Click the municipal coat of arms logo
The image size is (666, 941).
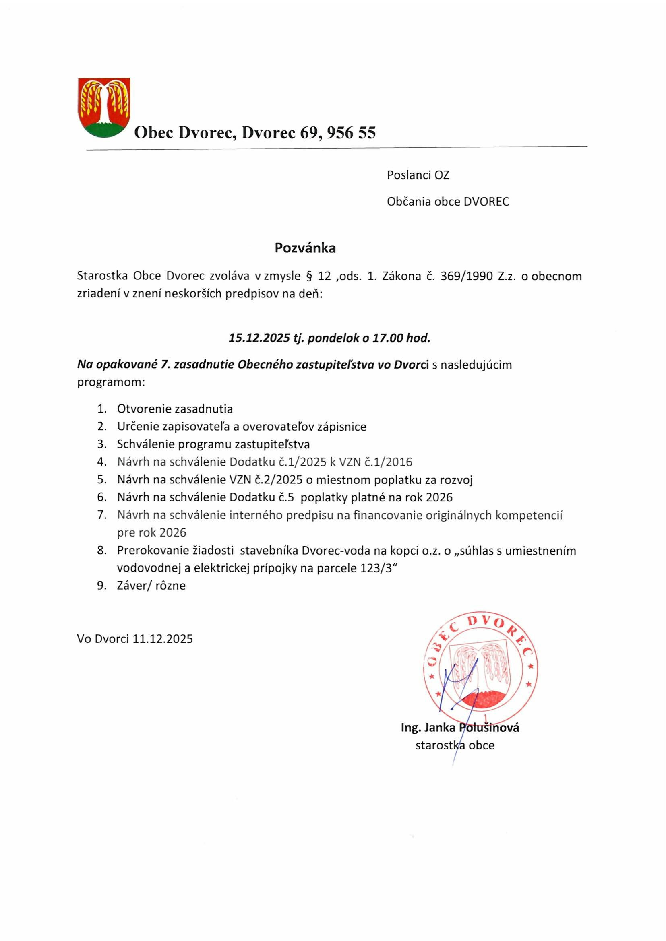(104, 107)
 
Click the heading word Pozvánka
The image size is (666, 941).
(305, 248)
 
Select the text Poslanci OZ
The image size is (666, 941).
(418, 175)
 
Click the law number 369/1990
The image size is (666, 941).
(466, 276)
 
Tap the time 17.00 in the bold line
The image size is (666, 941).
(387, 338)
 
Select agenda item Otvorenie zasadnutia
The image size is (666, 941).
(175, 409)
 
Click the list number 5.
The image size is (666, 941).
(102, 479)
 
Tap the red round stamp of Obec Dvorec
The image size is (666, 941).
(480, 667)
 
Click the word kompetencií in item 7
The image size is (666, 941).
(529, 515)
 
